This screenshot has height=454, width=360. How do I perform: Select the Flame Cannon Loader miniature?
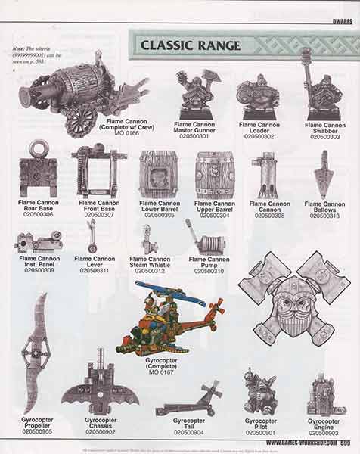258,95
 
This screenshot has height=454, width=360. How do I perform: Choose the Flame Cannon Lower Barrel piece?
158,175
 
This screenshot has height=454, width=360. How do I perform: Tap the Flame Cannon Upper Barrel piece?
215,175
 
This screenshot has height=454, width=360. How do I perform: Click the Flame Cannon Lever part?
92,235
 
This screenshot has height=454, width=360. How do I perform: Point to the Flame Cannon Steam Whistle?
150,238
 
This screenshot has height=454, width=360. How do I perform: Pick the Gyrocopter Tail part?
190,398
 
